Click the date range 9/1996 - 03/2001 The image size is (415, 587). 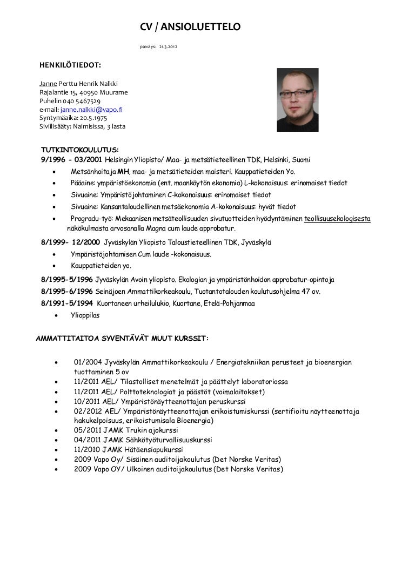71,160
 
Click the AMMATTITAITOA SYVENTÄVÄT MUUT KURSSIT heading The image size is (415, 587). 122,339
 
